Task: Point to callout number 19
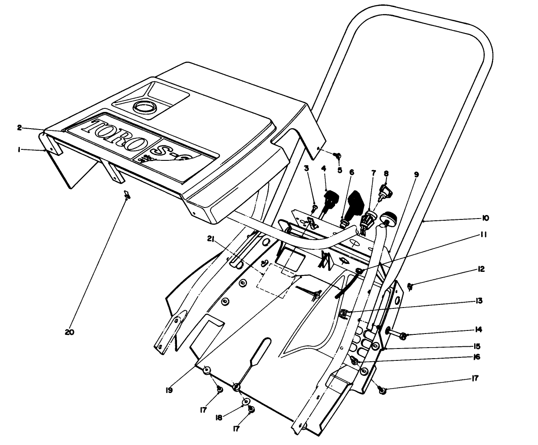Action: coord(169,389)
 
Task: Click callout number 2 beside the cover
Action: coord(19,127)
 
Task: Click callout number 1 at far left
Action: coord(19,150)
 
